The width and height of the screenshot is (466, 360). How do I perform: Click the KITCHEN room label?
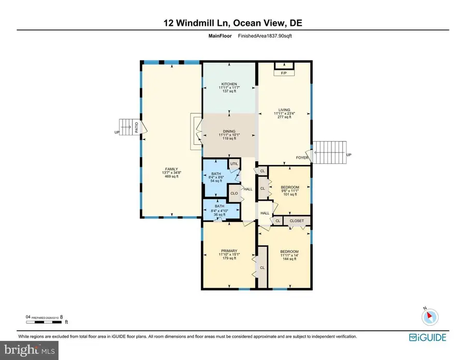coord(229,84)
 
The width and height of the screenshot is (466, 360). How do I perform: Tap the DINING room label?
coord(229,131)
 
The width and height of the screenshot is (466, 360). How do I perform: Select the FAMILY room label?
coord(171,169)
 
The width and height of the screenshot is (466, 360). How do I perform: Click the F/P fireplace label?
coord(284,73)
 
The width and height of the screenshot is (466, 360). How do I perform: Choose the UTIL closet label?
coord(234,163)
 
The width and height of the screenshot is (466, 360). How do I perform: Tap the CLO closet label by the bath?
coord(234,193)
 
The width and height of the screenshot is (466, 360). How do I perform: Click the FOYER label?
coord(302,157)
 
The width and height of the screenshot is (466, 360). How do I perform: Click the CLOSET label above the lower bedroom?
coord(297,221)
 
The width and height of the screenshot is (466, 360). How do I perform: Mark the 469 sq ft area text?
coord(171,176)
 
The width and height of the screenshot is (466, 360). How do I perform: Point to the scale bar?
coord(47,322)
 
